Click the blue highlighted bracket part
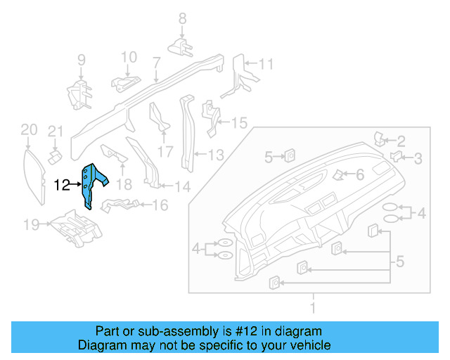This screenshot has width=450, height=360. coord(92,184)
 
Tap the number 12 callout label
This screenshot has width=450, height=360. coord(62,186)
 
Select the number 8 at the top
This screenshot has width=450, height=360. coord(181,19)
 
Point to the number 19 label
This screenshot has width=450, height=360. coord(30,225)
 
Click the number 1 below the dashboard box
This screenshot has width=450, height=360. coord(314,307)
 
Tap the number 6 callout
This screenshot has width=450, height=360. coord(359,174)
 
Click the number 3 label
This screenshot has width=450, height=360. coord(418,158)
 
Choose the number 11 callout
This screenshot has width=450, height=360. coord(264,64)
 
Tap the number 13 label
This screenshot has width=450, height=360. coord(215,154)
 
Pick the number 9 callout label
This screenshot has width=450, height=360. coord(81,60)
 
